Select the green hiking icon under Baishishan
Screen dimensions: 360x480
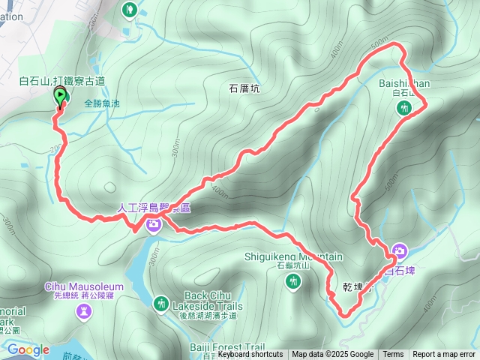405,109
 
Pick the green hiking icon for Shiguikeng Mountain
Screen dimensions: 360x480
293,281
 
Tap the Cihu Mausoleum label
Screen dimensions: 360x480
84,286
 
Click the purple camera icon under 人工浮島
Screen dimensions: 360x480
154,223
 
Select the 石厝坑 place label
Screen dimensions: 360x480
243,88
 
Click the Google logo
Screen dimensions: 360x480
28,349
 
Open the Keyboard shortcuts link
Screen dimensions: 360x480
250,355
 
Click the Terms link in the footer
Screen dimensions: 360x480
393,355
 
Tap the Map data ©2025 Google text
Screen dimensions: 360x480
332,355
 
